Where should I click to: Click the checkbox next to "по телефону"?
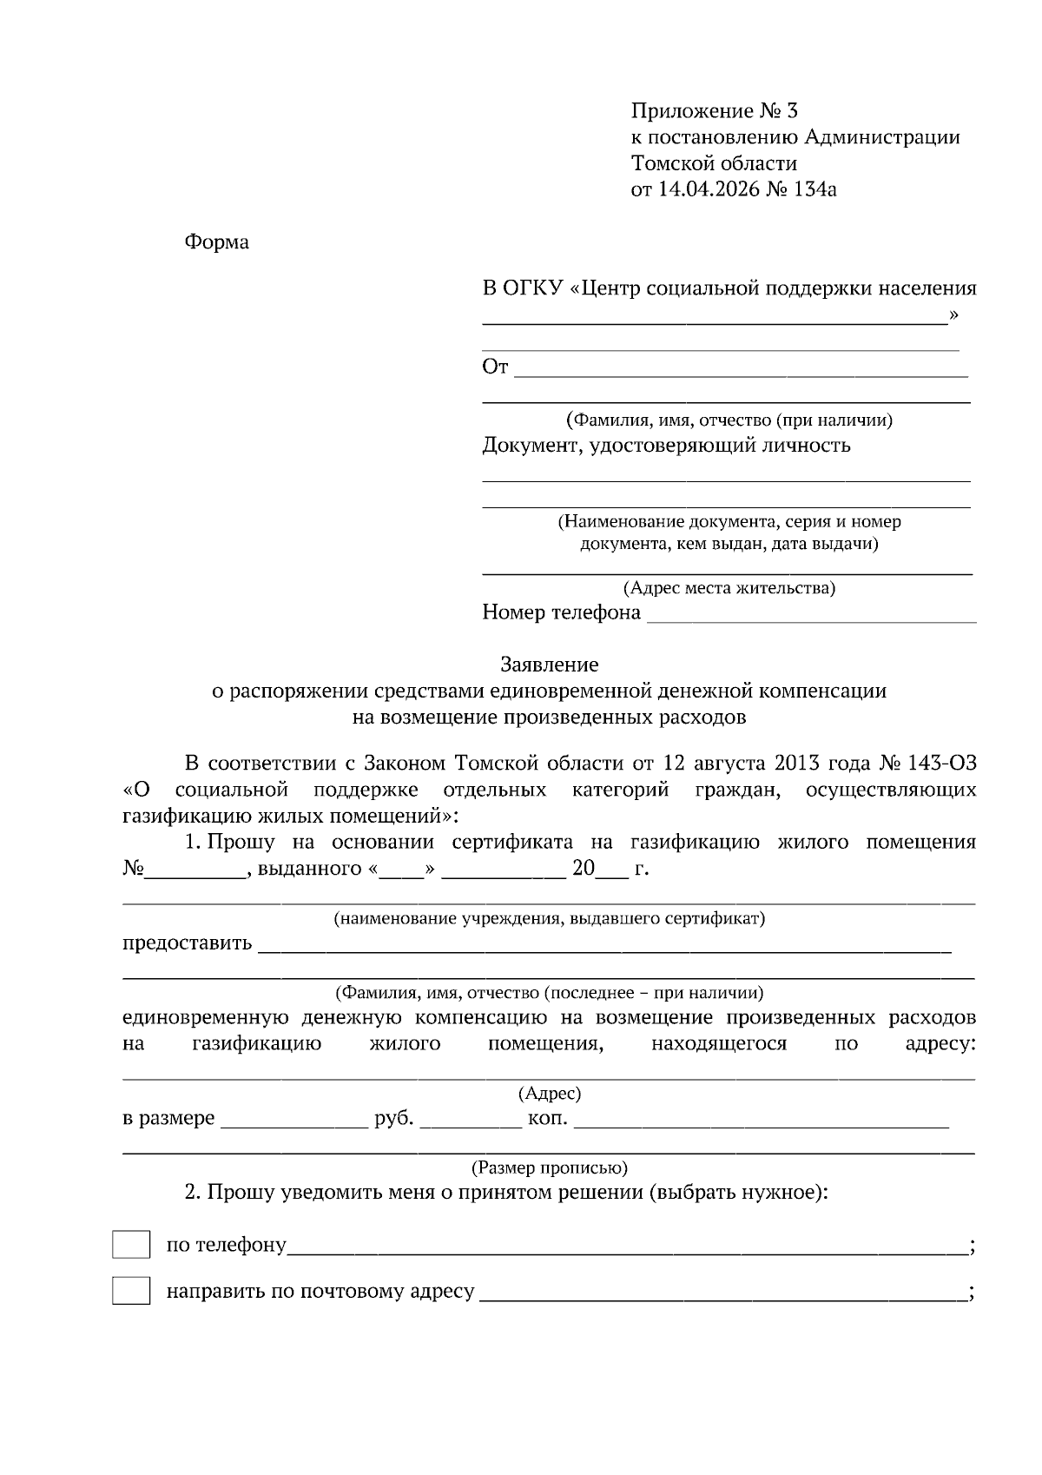click(131, 1245)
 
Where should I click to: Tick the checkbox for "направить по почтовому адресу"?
click(131, 1291)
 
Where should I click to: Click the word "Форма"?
click(216, 242)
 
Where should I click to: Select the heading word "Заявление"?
click(549, 665)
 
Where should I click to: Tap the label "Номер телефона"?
click(561, 613)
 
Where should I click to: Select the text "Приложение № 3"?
click(714, 111)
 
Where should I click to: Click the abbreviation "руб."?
click(393, 1119)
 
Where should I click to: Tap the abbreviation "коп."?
click(548, 1119)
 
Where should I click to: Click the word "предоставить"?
click(187, 943)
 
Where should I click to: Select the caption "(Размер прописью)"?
click(549, 1167)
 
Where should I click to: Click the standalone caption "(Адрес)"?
click(549, 1094)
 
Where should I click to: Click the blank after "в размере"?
click(293, 1121)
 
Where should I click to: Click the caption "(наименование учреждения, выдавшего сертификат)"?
click(549, 918)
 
